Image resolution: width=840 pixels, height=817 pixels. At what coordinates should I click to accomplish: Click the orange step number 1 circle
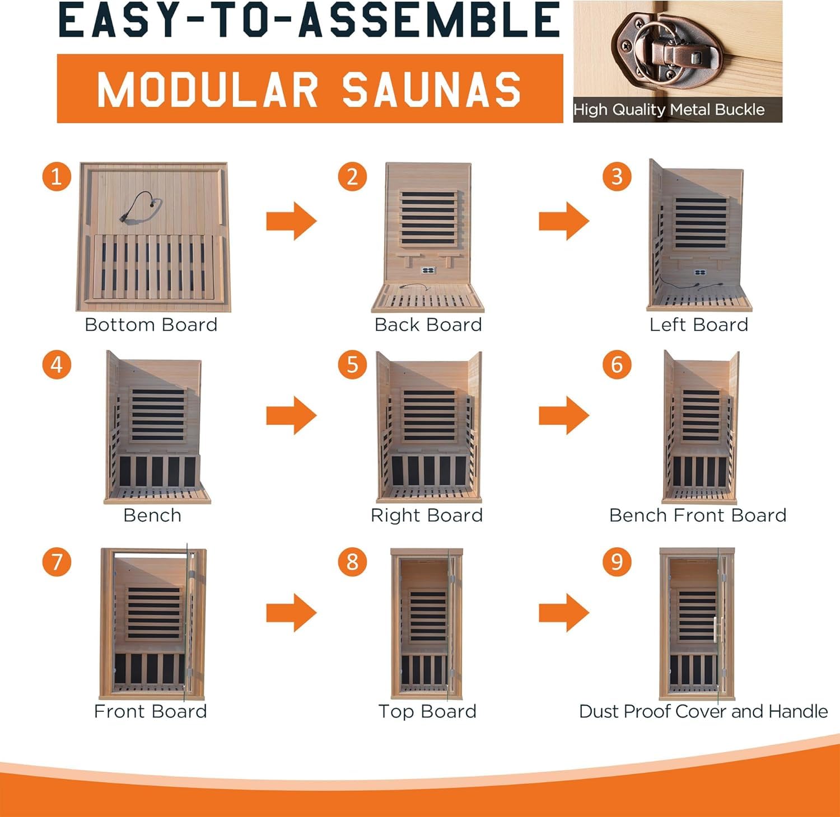pyautogui.click(x=57, y=177)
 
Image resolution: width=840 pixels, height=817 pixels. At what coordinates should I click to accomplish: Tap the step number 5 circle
pyautogui.click(x=352, y=365)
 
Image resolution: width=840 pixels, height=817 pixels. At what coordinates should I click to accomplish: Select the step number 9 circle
pyautogui.click(x=617, y=561)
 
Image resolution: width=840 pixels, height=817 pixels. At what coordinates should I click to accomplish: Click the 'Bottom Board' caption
pyautogui.click(x=151, y=325)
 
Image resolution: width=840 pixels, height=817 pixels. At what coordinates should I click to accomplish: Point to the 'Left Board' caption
pyautogui.click(x=699, y=325)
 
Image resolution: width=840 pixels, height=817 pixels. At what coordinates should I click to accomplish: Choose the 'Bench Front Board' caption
pyautogui.click(x=698, y=515)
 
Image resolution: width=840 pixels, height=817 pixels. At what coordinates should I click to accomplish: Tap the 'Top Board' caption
pyautogui.click(x=427, y=711)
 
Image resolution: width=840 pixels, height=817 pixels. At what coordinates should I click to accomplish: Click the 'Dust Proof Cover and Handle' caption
pyautogui.click(x=703, y=711)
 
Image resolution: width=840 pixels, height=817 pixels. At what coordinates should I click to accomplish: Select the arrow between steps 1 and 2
pyautogui.click(x=292, y=221)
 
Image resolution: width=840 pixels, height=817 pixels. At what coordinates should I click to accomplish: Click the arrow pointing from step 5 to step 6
pyautogui.click(x=564, y=415)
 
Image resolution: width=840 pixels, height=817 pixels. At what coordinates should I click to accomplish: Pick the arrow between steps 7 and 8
pyautogui.click(x=292, y=613)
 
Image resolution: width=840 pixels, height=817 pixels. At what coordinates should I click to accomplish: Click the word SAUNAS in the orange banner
pyautogui.click(x=432, y=90)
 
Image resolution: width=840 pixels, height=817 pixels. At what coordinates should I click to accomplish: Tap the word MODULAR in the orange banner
pyautogui.click(x=208, y=90)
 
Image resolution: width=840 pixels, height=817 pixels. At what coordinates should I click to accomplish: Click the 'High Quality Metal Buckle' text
pyautogui.click(x=669, y=110)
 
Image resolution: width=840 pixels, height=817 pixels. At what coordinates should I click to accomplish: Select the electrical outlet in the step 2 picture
pyautogui.click(x=428, y=270)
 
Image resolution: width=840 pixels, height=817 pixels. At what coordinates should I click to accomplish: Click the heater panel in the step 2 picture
pyautogui.click(x=428, y=219)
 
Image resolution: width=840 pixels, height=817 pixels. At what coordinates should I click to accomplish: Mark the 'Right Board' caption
pyautogui.click(x=427, y=515)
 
